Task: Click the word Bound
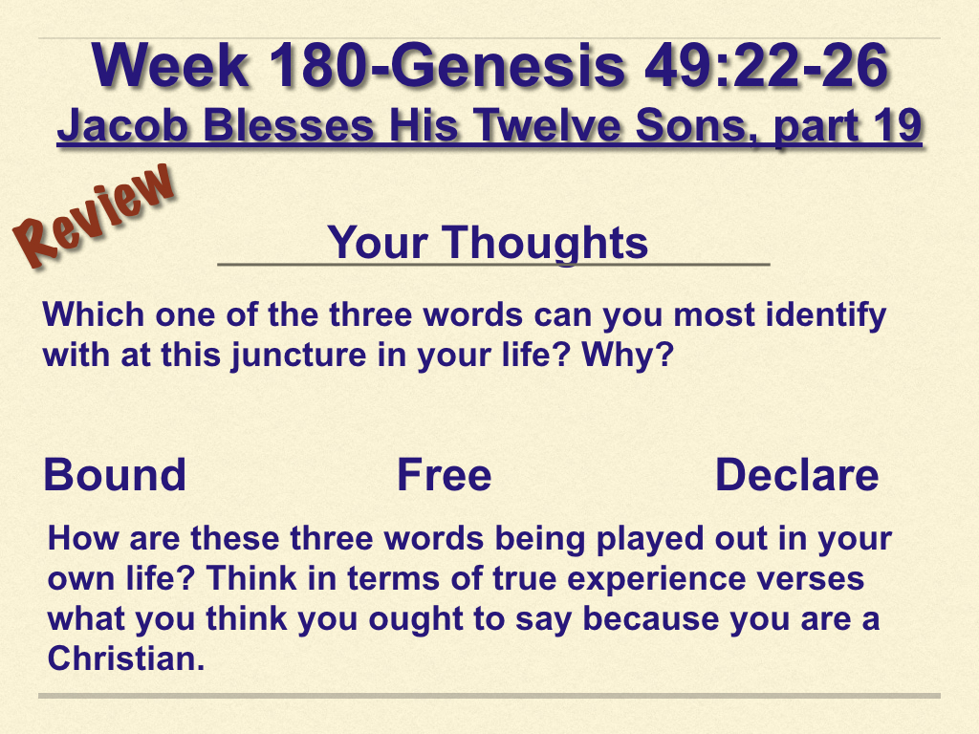coord(115,475)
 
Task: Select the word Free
coord(444,475)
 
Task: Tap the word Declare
coord(796,475)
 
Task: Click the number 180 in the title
coord(316,65)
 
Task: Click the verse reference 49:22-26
coord(766,65)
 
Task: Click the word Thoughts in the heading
coord(545,243)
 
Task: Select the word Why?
coord(627,355)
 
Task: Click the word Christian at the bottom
coord(126,658)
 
